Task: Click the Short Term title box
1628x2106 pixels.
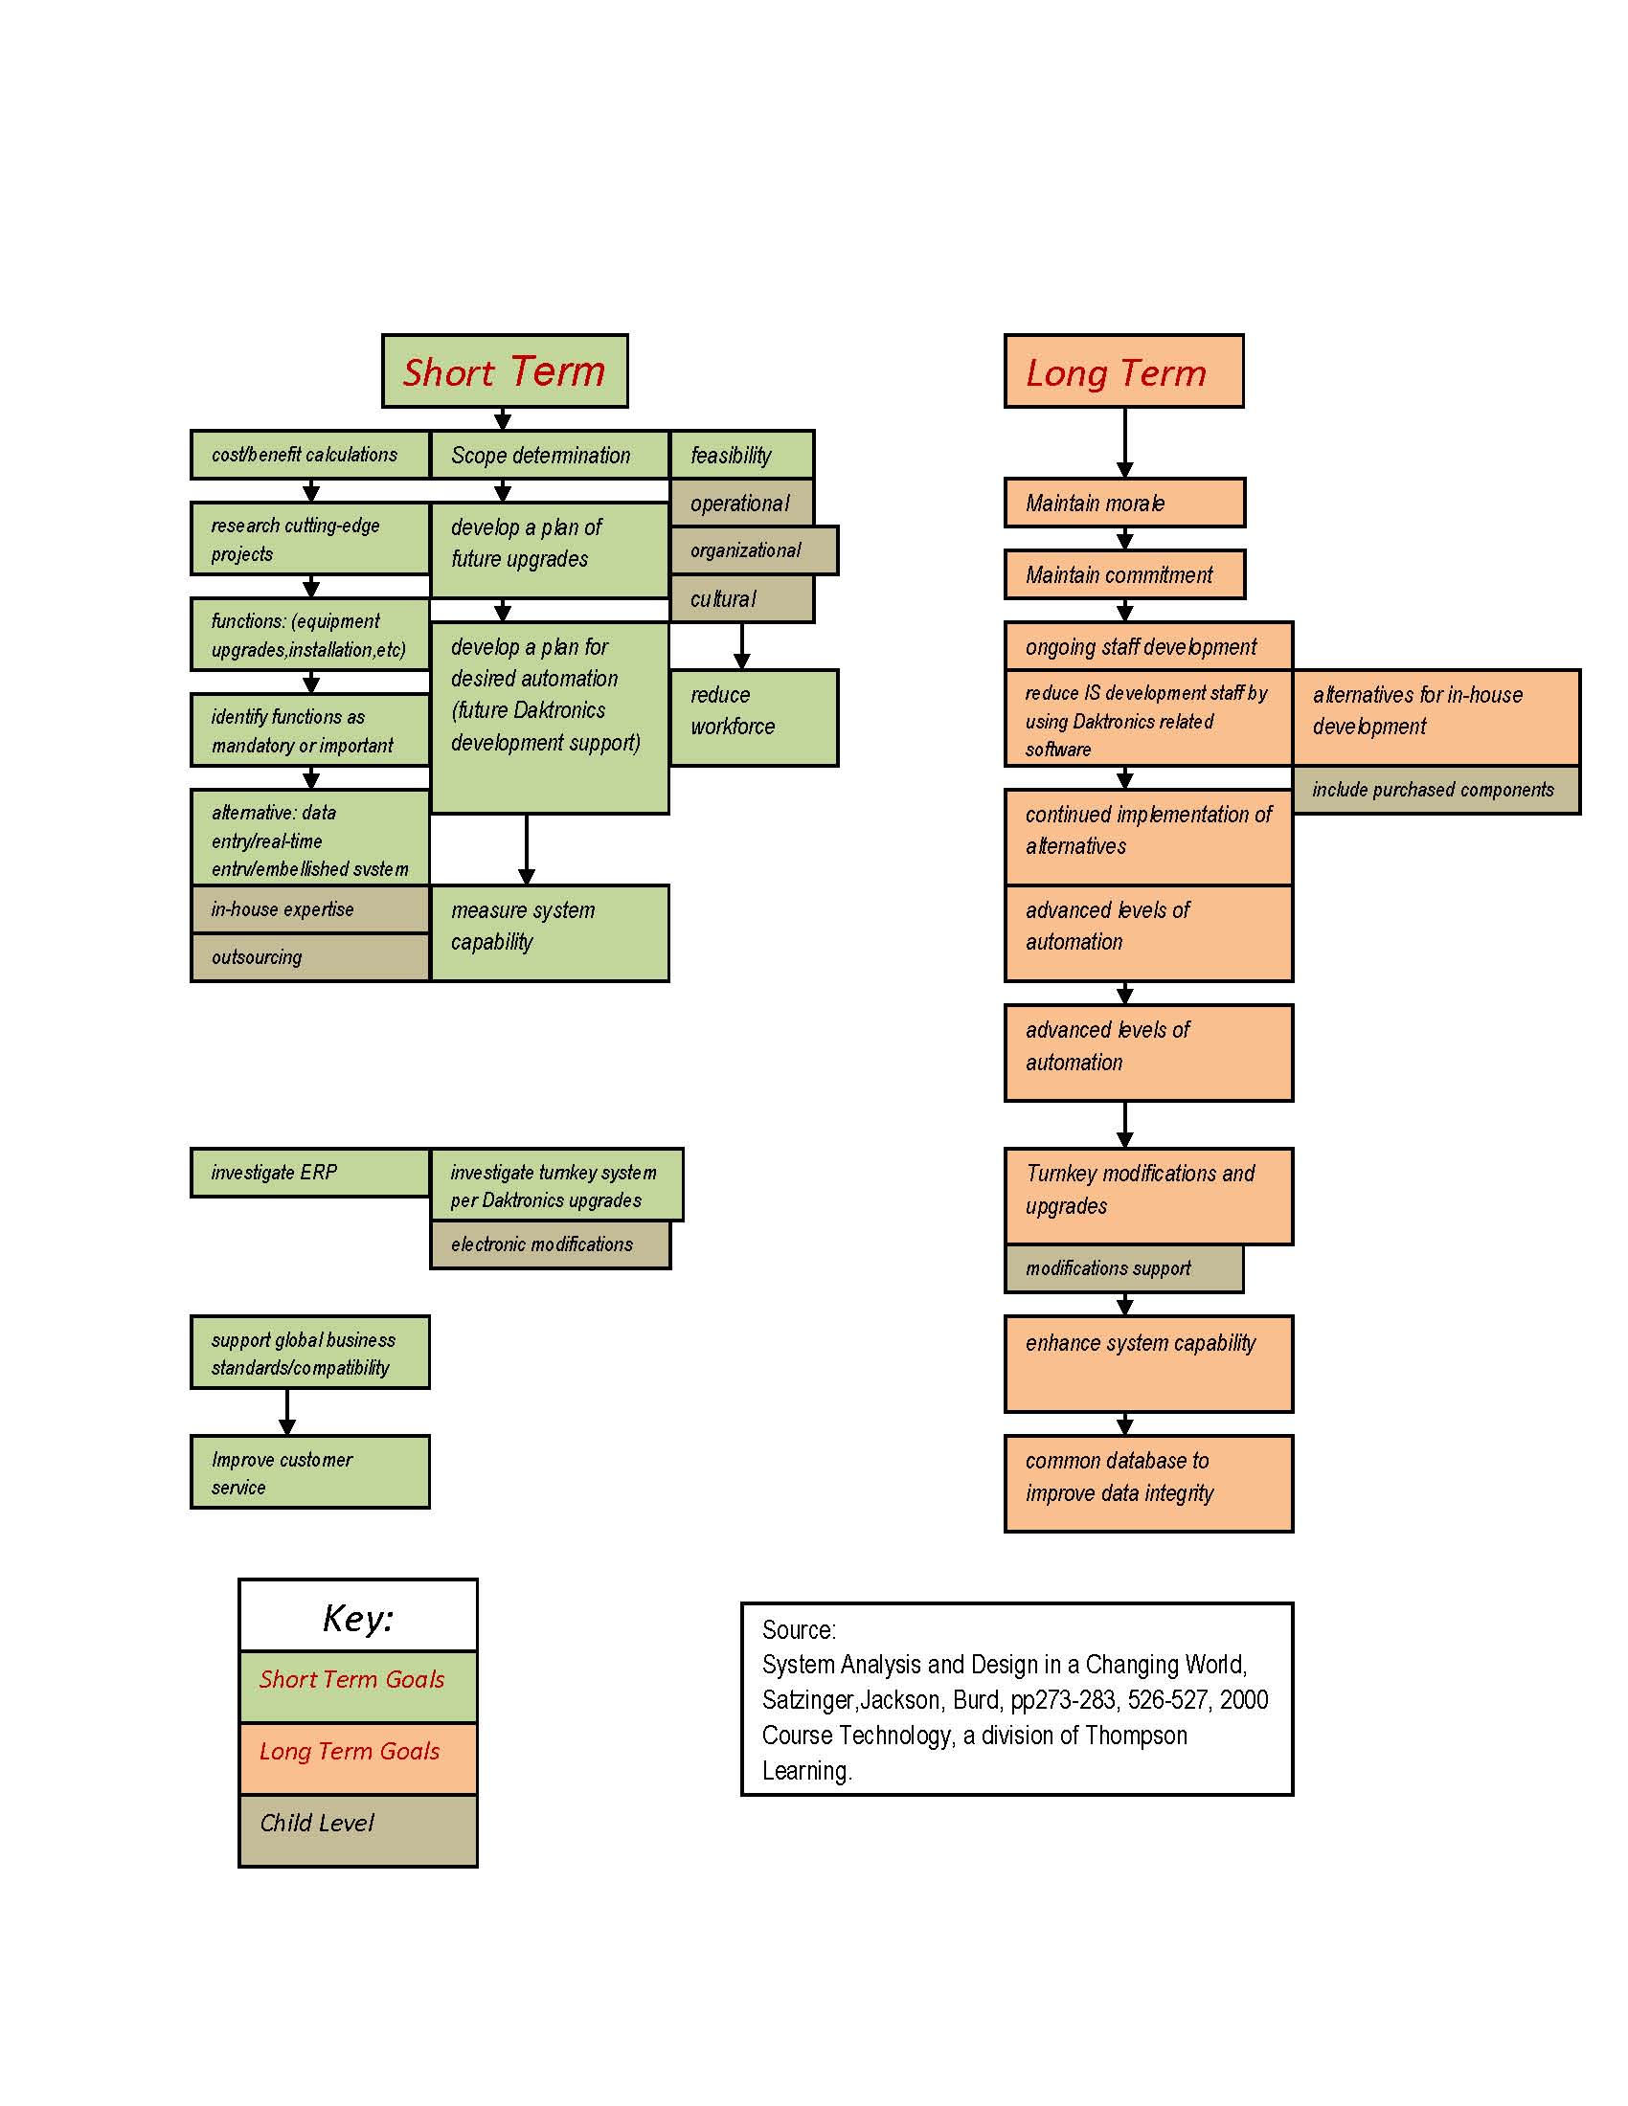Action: pyautogui.click(x=505, y=371)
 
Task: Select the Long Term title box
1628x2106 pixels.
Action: pyautogui.click(x=1123, y=371)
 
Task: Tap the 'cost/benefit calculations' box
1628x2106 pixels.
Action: pyautogui.click(x=309, y=454)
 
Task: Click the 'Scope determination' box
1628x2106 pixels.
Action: pyautogui.click(x=550, y=454)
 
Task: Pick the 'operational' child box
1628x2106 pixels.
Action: pyautogui.click(x=741, y=503)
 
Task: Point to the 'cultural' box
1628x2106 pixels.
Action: pyautogui.click(x=741, y=599)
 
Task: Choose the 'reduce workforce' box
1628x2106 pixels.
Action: pyautogui.click(x=755, y=718)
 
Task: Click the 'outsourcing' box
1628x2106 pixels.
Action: pyautogui.click(x=309, y=957)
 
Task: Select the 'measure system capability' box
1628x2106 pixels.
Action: pyautogui.click(x=550, y=933)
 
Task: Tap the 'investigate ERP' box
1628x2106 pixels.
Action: pyautogui.click(x=309, y=1173)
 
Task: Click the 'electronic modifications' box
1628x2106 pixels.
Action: pyautogui.click(x=550, y=1244)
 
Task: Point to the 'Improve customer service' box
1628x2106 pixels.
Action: pyautogui.click(x=309, y=1472)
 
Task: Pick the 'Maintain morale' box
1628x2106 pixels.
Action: pyautogui.click(x=1124, y=503)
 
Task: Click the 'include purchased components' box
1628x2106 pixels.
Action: pyautogui.click(x=1436, y=790)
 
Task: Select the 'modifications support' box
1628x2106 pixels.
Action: pyautogui.click(x=1123, y=1269)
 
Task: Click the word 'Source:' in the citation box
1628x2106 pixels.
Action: pyautogui.click(x=799, y=1630)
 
